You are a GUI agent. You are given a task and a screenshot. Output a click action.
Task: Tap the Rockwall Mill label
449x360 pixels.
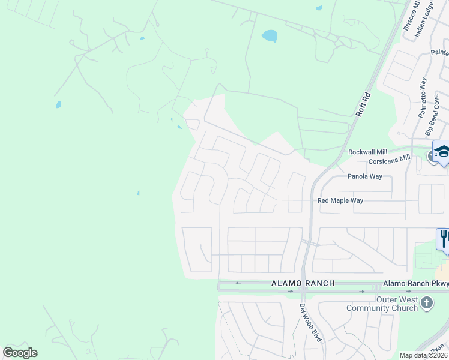coord(368,152)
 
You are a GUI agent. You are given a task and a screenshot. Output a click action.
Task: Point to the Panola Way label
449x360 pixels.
coord(364,176)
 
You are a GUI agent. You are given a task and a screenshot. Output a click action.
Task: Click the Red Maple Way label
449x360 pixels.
coord(340,200)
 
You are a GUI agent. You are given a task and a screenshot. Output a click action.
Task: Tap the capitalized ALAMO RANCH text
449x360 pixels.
coord(302,283)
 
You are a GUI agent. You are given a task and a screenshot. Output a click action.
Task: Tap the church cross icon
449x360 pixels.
coord(427,302)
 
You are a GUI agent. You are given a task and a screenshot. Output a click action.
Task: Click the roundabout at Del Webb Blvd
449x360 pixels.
coord(303,289)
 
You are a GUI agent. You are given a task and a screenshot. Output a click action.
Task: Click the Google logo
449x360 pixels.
coord(20,353)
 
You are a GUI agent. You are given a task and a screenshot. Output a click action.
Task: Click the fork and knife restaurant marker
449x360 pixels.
coord(444,238)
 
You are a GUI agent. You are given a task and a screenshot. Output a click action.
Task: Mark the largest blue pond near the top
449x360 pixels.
coord(269,36)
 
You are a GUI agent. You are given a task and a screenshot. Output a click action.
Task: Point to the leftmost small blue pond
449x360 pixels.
coord(58,104)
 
